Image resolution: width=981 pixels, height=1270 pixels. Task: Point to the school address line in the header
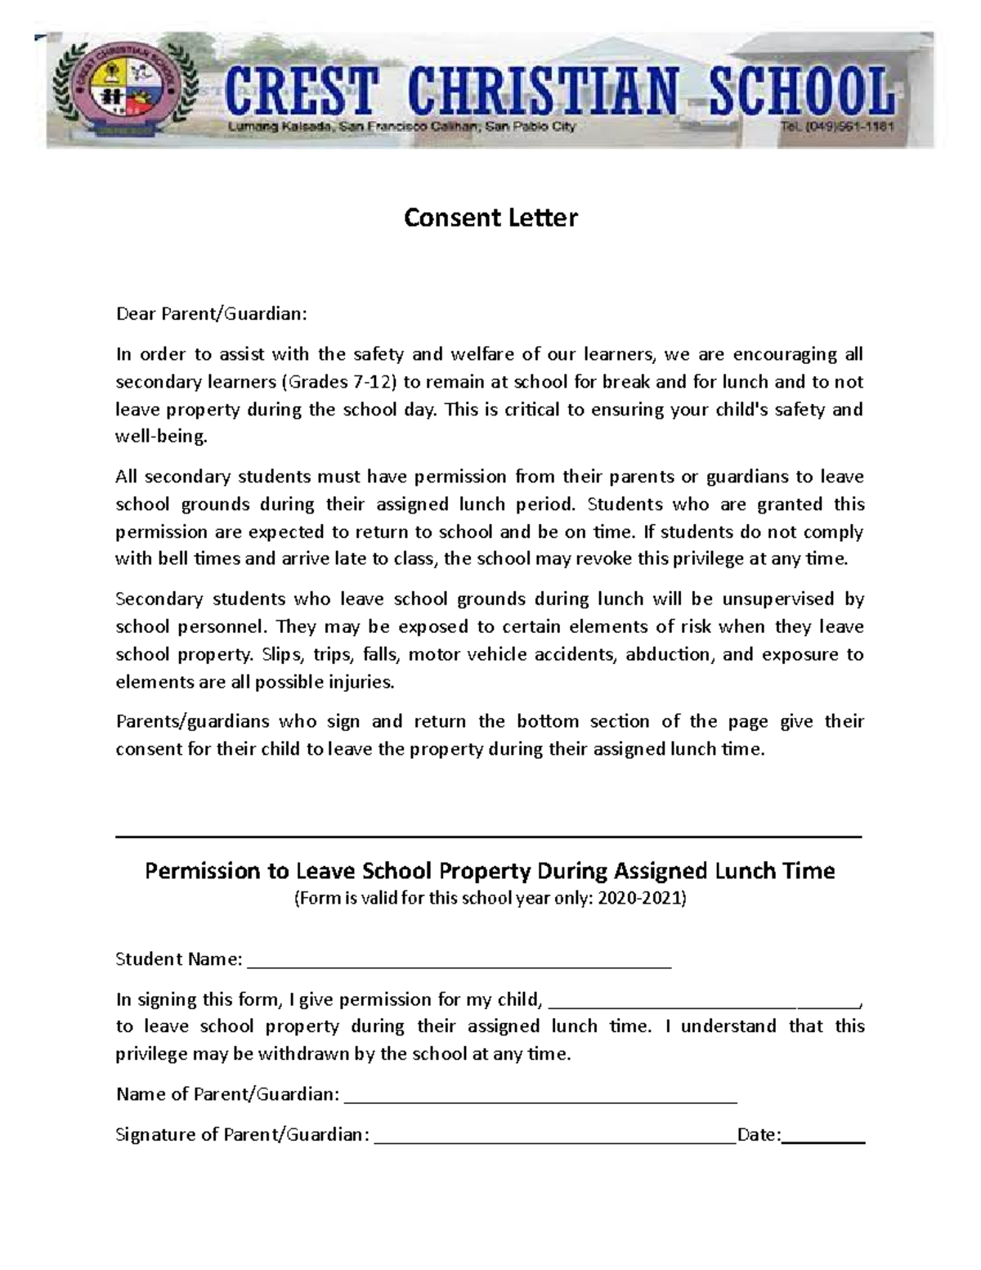point(401,127)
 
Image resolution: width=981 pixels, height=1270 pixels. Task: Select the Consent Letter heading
point(490,218)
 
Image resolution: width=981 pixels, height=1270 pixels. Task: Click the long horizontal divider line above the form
point(489,837)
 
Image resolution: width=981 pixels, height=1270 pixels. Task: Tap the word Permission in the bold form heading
point(202,871)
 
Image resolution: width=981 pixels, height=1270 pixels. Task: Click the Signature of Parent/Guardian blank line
point(555,1141)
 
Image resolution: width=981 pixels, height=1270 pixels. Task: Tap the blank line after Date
point(824,1141)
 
